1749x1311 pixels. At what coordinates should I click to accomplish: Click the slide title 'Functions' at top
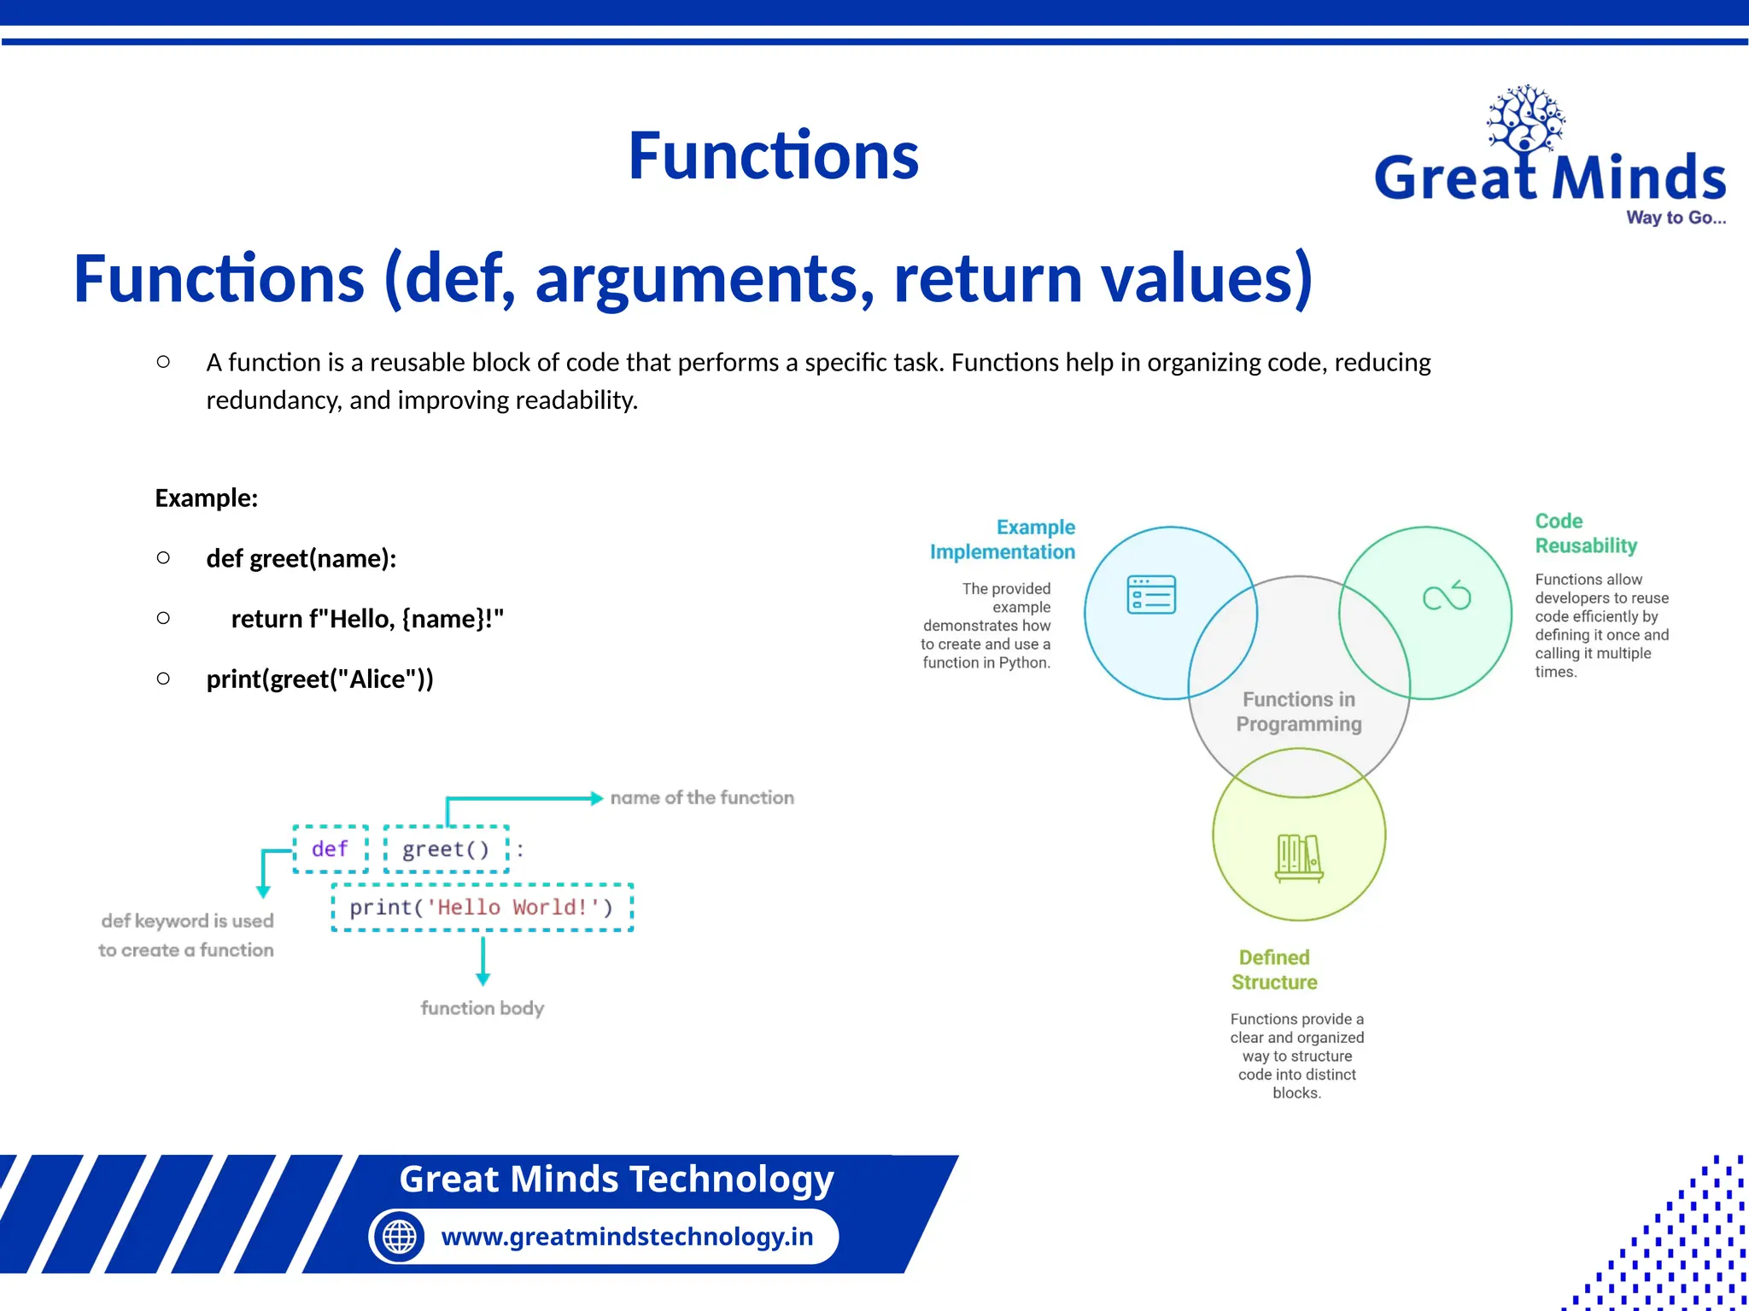(x=773, y=156)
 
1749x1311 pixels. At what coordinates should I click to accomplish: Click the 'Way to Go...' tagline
(x=1676, y=218)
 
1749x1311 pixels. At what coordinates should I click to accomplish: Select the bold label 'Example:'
(x=207, y=498)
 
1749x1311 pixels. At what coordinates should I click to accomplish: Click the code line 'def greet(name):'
(x=301, y=559)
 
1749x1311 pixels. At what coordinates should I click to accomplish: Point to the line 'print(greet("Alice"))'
(x=319, y=679)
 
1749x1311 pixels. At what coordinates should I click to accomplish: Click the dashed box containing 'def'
(x=330, y=849)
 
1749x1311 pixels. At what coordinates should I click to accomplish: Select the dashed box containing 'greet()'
(x=446, y=849)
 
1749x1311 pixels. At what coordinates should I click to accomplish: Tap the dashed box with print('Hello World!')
(x=482, y=907)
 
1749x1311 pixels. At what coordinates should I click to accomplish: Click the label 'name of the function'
(x=702, y=798)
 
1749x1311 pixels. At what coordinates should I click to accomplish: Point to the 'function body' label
(x=482, y=1008)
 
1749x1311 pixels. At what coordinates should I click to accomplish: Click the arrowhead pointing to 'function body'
(x=483, y=979)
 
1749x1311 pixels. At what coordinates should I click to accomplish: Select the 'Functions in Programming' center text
(x=1298, y=712)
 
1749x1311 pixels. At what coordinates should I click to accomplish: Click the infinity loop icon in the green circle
(x=1447, y=596)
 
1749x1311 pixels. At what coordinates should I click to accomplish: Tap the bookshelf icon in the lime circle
(x=1298, y=857)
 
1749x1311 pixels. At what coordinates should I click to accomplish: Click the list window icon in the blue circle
(x=1151, y=595)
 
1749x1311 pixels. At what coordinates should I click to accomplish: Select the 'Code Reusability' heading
(x=1585, y=533)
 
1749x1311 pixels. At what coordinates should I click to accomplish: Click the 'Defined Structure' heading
(x=1274, y=970)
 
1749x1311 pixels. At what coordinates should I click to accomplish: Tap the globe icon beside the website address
(x=399, y=1237)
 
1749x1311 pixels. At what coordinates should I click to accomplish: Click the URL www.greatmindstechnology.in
(x=627, y=1237)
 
